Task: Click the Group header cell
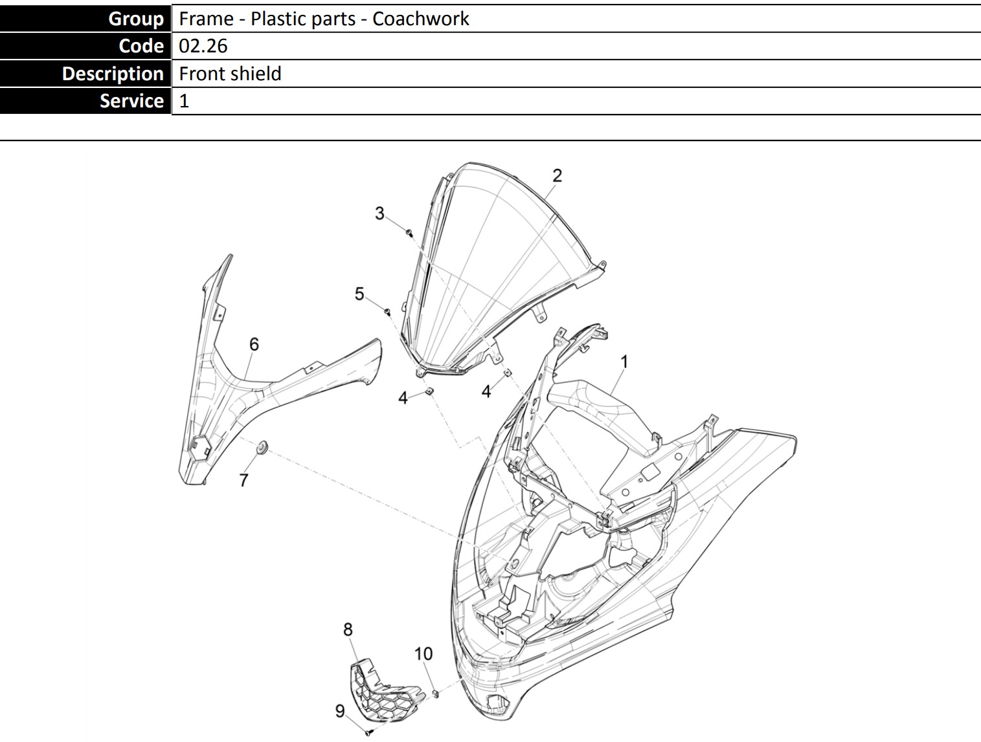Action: click(85, 18)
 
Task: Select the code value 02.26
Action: click(203, 46)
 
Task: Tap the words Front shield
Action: click(230, 74)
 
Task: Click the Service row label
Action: click(85, 101)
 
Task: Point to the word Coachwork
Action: click(420, 19)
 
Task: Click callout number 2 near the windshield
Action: click(557, 175)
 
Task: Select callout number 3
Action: click(379, 213)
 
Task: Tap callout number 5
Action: click(359, 294)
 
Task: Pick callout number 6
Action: click(254, 344)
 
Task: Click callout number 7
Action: click(243, 481)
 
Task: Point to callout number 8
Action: click(348, 629)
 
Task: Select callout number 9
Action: click(340, 711)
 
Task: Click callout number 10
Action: click(423, 654)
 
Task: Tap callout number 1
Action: click(624, 362)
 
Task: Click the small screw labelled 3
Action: click(409, 232)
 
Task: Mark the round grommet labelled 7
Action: click(262, 448)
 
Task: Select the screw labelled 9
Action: click(368, 733)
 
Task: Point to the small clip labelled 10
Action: click(436, 693)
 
